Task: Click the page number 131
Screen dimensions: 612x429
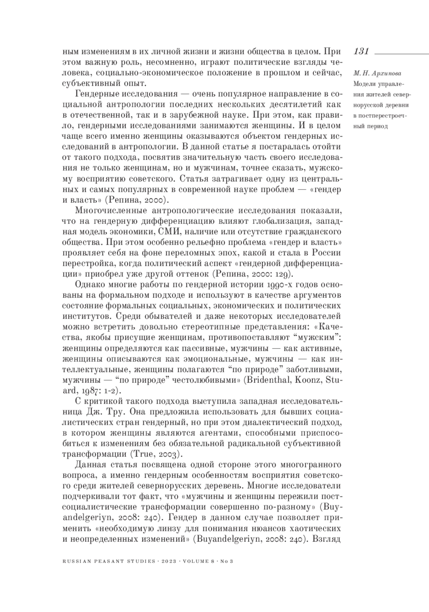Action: [361, 51]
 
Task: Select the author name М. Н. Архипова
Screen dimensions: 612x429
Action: [377, 74]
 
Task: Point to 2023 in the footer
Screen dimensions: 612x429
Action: [169, 561]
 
